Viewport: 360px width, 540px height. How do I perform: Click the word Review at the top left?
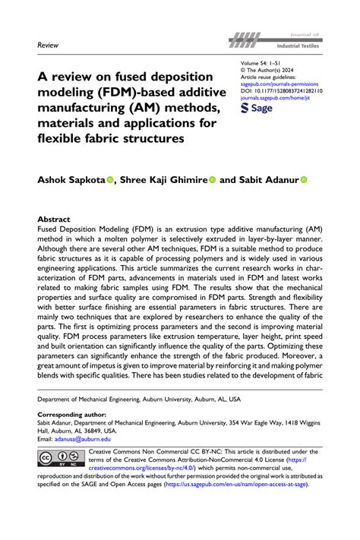[x=48, y=46]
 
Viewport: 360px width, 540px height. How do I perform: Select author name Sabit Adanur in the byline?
[x=266, y=182]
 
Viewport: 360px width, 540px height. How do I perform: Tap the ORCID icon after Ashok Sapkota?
[x=109, y=182]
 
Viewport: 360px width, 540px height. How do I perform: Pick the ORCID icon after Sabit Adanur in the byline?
[x=304, y=182]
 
